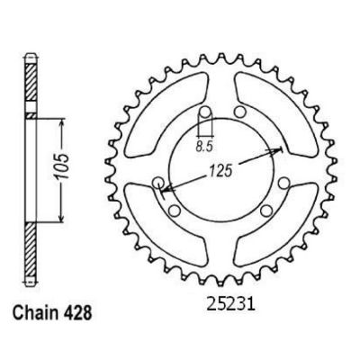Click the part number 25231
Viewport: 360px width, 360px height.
[x=230, y=304]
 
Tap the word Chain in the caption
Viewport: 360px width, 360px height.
[x=35, y=312]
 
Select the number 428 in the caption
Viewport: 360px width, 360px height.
[x=76, y=312]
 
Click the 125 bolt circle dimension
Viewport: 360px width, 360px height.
[x=221, y=171]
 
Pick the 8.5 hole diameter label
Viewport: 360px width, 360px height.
[x=204, y=147]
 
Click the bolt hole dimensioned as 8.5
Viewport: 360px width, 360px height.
[x=205, y=112]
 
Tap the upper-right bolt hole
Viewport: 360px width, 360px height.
[x=239, y=112]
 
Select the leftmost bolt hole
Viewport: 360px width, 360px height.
[x=158, y=182]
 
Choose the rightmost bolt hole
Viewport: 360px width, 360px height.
[x=283, y=183]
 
